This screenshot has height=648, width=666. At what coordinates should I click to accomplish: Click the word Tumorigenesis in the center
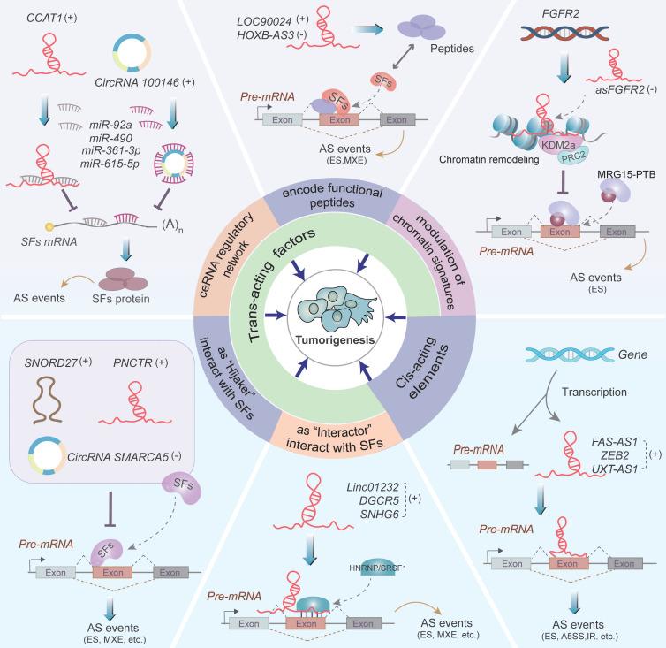(x=335, y=339)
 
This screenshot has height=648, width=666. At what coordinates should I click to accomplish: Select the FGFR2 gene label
(x=560, y=13)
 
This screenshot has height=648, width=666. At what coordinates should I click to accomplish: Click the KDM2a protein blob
(x=558, y=145)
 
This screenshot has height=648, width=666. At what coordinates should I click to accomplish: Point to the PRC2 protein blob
(x=573, y=156)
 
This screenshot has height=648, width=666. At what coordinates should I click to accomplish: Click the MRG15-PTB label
(x=626, y=174)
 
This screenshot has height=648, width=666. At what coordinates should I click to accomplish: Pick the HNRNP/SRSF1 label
(x=377, y=568)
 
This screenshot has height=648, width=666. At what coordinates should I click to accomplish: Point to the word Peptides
(x=452, y=49)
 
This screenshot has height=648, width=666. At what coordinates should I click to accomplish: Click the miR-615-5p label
(x=110, y=164)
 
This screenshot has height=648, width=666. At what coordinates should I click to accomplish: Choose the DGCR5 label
(x=379, y=500)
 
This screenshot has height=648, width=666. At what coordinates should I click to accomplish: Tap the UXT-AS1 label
(x=615, y=469)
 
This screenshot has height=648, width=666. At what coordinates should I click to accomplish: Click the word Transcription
(x=594, y=392)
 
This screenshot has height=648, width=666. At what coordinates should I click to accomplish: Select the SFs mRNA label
(x=49, y=241)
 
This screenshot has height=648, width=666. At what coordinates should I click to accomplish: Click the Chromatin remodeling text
(x=488, y=159)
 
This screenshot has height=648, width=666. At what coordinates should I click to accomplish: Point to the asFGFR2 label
(x=620, y=89)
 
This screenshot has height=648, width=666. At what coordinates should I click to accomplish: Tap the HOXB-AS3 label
(x=266, y=34)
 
